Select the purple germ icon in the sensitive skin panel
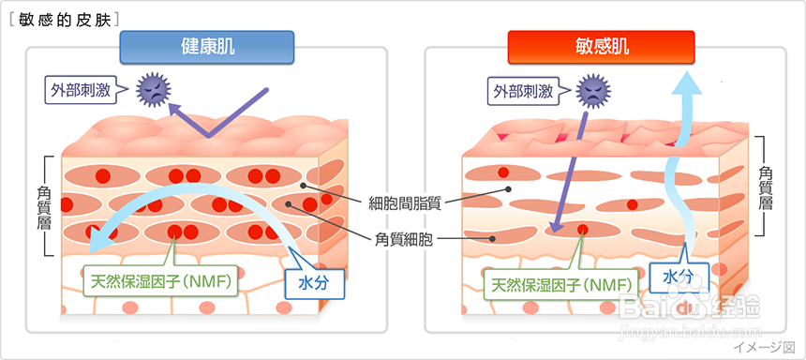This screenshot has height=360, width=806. tap(592, 91)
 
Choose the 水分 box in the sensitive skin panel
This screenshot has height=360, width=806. tap(679, 275)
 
